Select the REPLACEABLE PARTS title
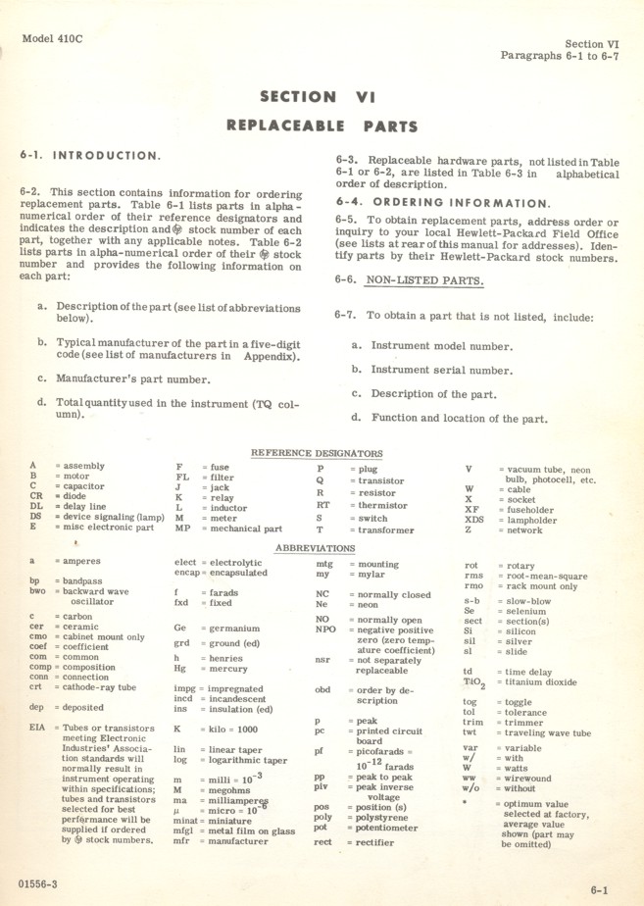pos(322,126)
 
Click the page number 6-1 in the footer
pos(599,890)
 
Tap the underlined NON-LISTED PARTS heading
pos(424,280)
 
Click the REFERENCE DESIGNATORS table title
pos(317,453)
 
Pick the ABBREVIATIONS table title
pos(315,548)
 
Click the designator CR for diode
pos(35,496)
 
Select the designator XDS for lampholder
pos(473,519)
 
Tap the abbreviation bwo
pos(37,592)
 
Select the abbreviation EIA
pos(37,729)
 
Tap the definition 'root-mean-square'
pos(547,577)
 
